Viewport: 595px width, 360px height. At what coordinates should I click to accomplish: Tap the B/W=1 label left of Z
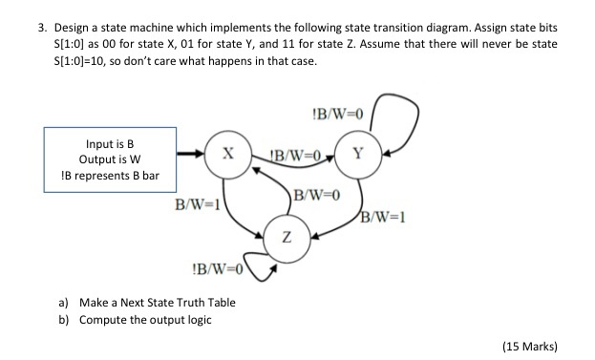click(x=195, y=204)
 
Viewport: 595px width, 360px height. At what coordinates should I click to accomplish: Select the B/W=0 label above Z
click(x=316, y=196)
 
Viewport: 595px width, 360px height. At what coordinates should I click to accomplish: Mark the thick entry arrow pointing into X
click(x=191, y=153)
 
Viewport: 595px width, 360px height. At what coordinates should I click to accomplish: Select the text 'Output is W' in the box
click(x=111, y=159)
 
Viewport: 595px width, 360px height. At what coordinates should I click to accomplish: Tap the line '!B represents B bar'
click(x=111, y=176)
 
